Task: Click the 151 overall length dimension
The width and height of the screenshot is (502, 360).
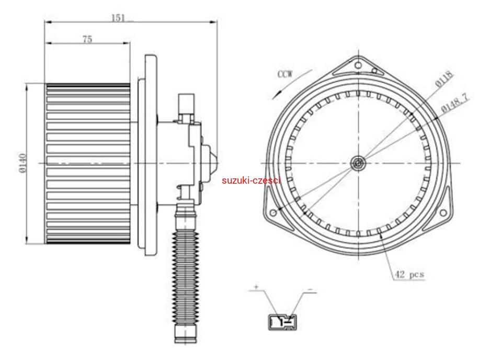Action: (118, 18)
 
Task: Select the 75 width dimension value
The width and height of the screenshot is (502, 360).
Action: (87, 39)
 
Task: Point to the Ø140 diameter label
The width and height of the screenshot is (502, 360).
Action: (22, 163)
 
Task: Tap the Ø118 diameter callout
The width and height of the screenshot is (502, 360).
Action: (444, 79)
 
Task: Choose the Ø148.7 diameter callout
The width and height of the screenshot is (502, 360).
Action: (454, 103)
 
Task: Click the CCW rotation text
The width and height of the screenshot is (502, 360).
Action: (285, 74)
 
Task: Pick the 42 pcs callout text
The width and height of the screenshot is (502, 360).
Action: (409, 274)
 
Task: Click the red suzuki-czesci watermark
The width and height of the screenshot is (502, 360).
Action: (251, 181)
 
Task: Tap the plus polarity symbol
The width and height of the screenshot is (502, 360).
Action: (256, 286)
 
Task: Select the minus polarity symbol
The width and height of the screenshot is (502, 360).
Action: (310, 289)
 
